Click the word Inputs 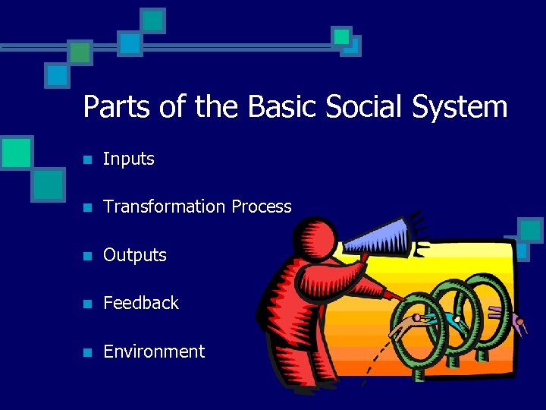click(x=128, y=159)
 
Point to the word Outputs click(x=134, y=255)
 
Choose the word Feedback click(x=140, y=303)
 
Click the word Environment click(x=153, y=352)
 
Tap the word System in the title click(x=460, y=106)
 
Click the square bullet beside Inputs click(x=88, y=160)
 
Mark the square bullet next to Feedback click(x=88, y=304)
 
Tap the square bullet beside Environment click(x=88, y=352)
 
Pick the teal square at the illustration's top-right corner click(x=530, y=229)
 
